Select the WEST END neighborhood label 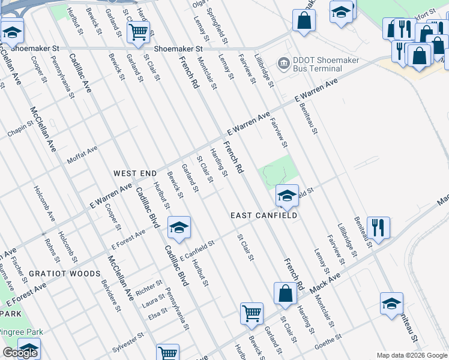pyautogui.click(x=135, y=173)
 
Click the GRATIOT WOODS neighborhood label pyautogui.click(x=67, y=274)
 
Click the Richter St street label pyautogui.click(x=149, y=286)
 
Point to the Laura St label pyautogui.click(x=152, y=302)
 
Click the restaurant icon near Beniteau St pyautogui.click(x=378, y=228)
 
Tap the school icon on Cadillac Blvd pyautogui.click(x=179, y=228)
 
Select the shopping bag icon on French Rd pyautogui.click(x=286, y=293)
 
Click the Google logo pyautogui.click(x=20, y=353)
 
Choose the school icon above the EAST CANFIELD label pyautogui.click(x=288, y=196)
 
